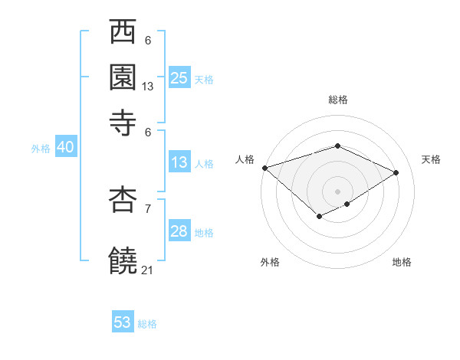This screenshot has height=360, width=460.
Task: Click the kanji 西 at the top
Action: [124, 34]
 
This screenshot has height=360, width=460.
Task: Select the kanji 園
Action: [124, 77]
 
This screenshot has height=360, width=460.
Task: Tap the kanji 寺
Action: [124, 119]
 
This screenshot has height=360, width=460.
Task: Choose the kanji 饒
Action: [124, 260]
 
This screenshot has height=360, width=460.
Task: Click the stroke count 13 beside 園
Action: [148, 87]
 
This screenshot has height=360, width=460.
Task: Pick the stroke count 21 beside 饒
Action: [148, 270]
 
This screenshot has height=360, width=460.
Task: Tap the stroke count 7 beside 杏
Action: [148, 208]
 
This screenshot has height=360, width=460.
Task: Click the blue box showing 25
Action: [179, 78]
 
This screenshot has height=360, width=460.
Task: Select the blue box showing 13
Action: [179, 162]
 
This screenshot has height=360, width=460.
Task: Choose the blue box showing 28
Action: [179, 231]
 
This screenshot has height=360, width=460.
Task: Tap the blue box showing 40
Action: [65, 148]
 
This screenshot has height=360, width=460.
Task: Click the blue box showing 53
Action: [123, 322]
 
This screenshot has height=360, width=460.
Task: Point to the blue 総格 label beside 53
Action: [147, 324]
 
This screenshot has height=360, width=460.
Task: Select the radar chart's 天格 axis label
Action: [431, 159]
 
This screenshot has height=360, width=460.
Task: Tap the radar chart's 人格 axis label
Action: [245, 159]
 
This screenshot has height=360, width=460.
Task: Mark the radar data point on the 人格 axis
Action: [264, 168]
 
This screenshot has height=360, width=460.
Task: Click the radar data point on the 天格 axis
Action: [396, 172]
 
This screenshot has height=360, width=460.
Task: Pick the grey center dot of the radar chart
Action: [337, 191]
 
